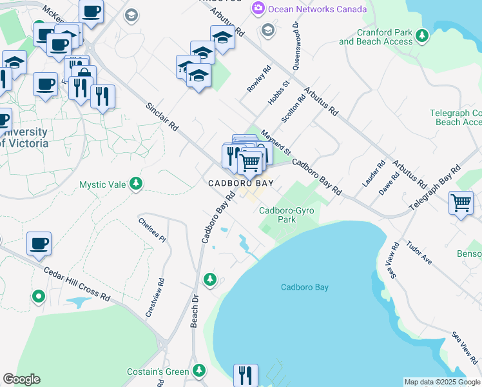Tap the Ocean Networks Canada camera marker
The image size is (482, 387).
coord(258,8)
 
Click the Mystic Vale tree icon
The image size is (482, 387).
coord(135,184)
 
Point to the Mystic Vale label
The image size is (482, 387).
coord(102,184)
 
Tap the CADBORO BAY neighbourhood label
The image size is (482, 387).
coord(240,183)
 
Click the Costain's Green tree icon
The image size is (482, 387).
coord(199,371)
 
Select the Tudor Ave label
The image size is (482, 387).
coord(419,253)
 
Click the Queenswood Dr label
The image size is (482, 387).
coord(297,45)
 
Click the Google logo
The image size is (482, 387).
coord(21,379)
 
